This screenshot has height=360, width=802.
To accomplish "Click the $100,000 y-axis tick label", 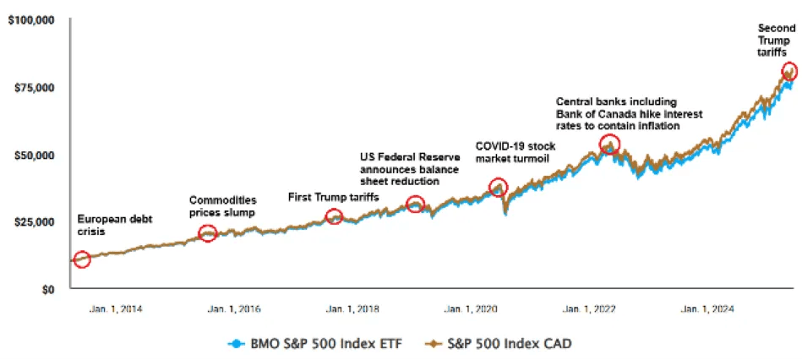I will [30, 19].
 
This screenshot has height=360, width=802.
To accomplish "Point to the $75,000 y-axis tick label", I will [34, 87].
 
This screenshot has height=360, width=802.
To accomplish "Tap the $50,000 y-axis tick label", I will [34, 155].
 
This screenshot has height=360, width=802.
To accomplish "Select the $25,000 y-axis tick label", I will [34, 221].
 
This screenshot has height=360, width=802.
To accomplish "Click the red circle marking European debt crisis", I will [82, 259].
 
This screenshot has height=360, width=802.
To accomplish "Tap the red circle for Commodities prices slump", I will [207, 233].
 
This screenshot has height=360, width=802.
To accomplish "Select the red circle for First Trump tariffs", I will [335, 217].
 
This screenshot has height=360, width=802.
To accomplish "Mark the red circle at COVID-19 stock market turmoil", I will [498, 188].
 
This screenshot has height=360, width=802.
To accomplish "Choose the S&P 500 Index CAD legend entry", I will [495, 344].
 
